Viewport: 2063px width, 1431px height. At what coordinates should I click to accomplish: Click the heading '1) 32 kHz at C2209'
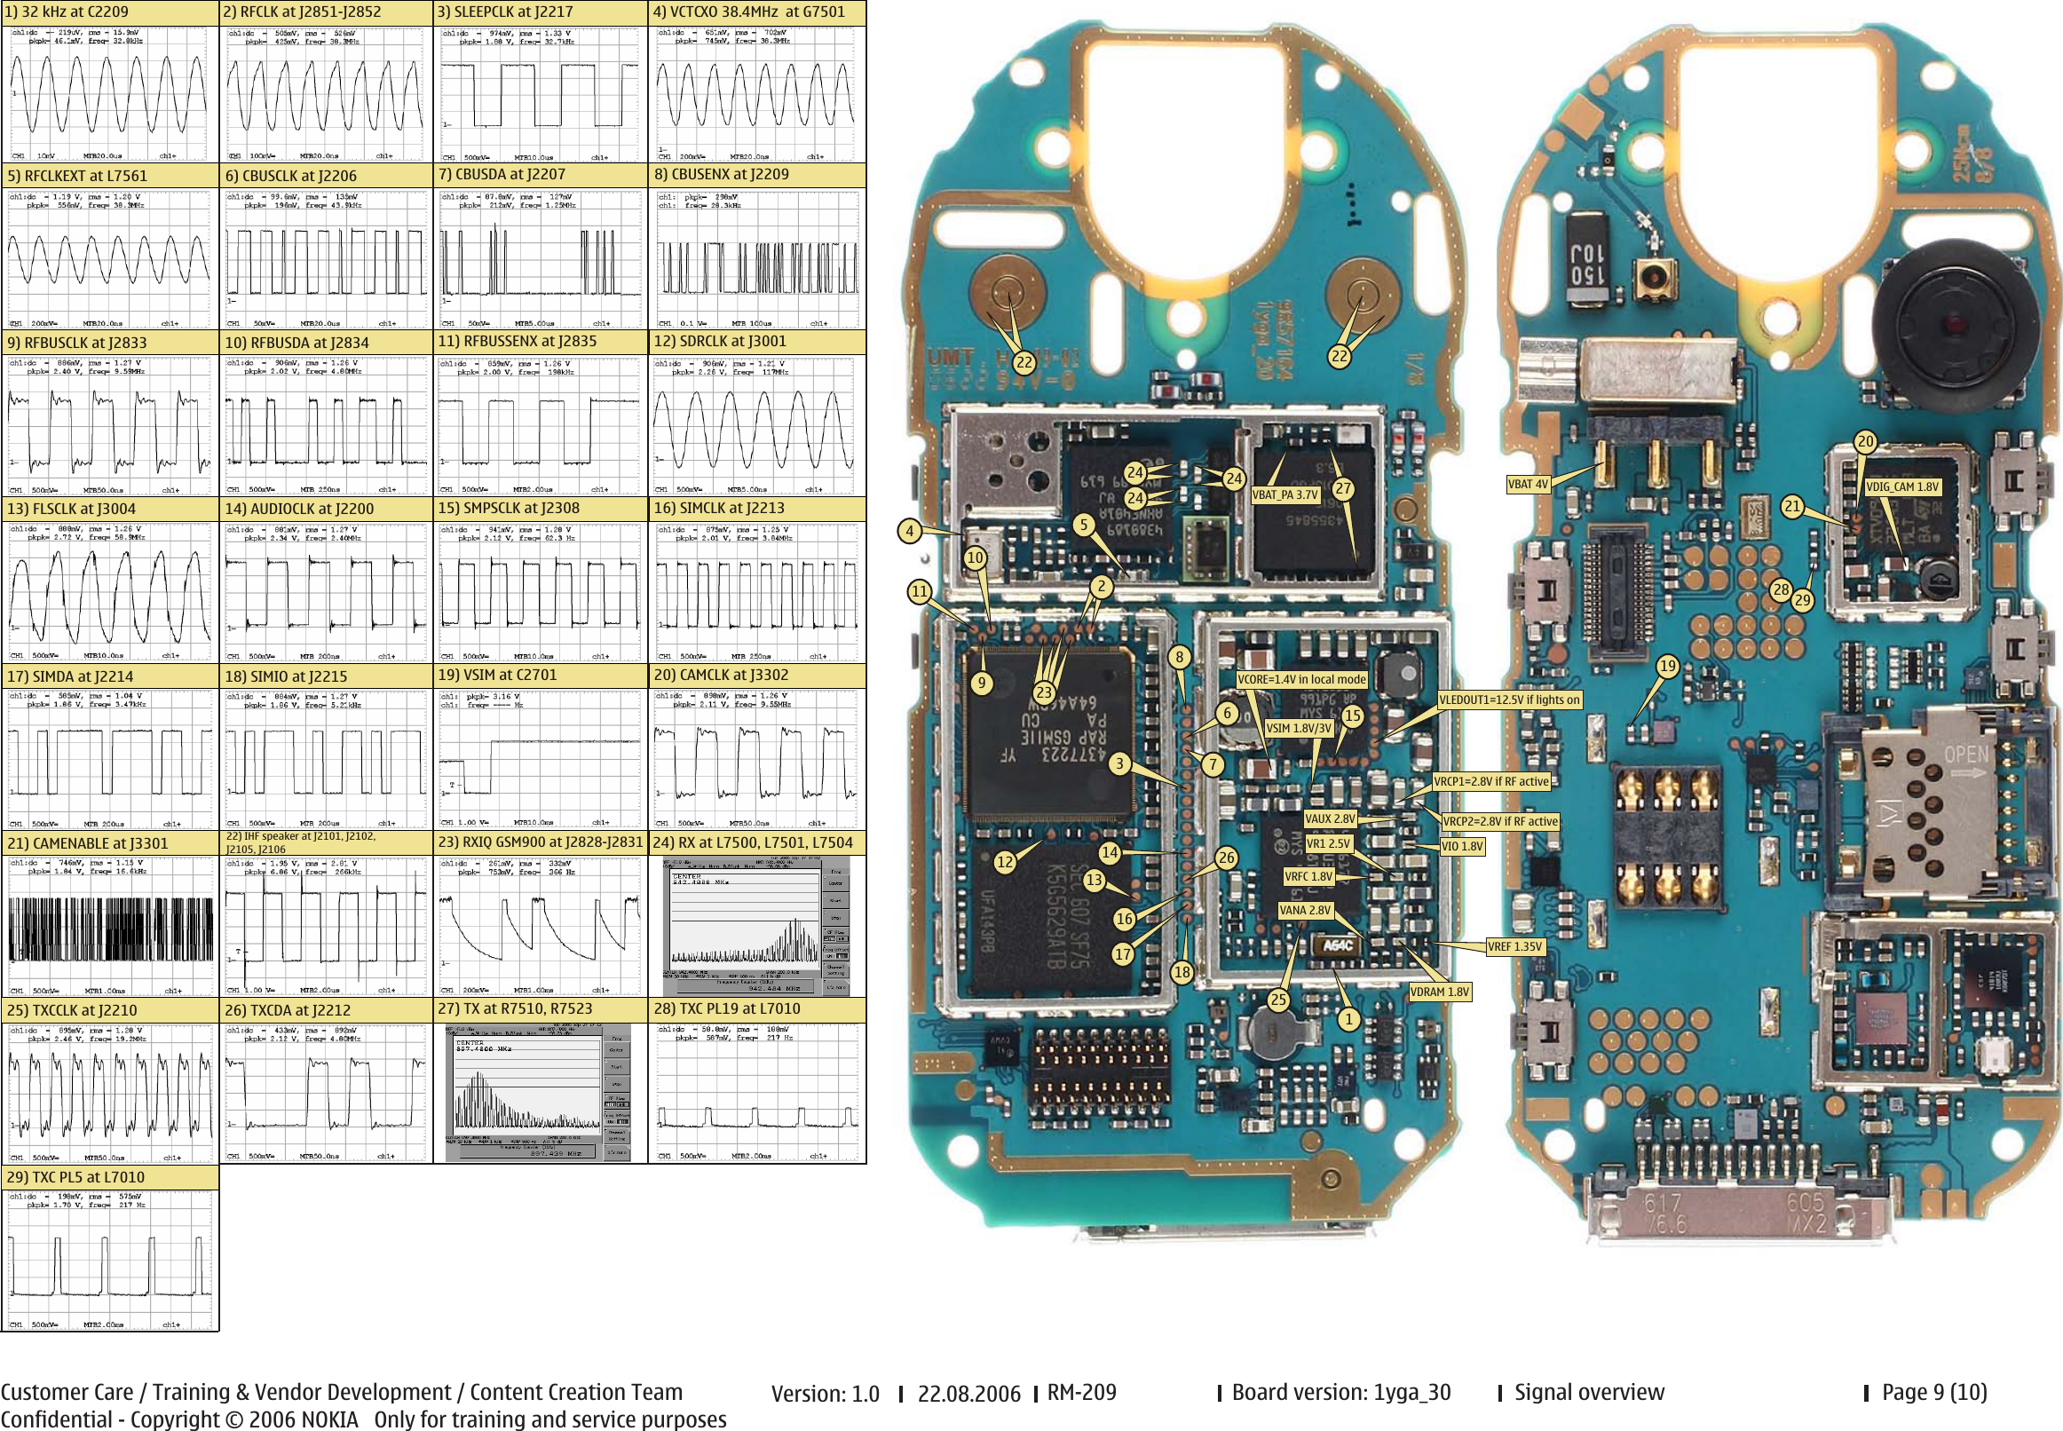click(x=67, y=12)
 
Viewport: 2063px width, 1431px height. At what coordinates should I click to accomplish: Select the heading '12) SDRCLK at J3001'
click(x=721, y=342)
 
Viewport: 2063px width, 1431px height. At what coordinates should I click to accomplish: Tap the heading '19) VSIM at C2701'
click(x=498, y=676)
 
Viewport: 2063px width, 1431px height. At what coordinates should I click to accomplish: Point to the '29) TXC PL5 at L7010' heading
click(x=76, y=1177)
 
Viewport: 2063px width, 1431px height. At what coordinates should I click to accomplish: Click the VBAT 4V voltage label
click(x=1528, y=484)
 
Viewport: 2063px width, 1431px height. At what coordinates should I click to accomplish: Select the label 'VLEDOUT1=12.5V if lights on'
click(x=1510, y=700)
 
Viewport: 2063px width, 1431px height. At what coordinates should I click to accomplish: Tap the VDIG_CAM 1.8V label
click(x=1902, y=486)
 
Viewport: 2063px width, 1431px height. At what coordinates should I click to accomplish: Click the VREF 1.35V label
click(x=1515, y=947)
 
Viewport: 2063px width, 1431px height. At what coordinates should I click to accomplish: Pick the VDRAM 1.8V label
click(x=1440, y=992)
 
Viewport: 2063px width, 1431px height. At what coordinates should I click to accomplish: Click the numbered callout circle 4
click(x=910, y=531)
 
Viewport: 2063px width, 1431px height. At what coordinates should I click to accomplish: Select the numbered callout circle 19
click(x=1668, y=666)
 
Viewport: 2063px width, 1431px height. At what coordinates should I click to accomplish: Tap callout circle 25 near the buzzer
click(x=1278, y=1000)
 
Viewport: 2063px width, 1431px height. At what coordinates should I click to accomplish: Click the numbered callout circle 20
click(x=1866, y=441)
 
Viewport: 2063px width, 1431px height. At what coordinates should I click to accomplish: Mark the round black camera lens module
click(x=1949, y=323)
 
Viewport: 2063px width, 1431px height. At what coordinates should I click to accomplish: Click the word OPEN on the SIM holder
click(x=1967, y=754)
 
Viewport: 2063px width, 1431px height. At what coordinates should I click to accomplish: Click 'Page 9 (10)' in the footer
click(x=1935, y=1393)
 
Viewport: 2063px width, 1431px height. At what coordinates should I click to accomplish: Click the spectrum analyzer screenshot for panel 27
click(x=539, y=1093)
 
